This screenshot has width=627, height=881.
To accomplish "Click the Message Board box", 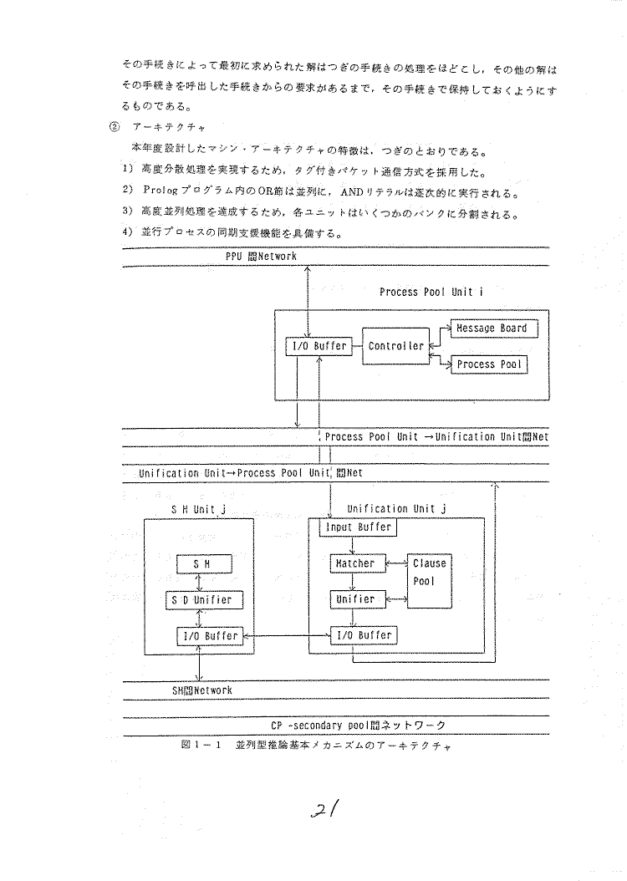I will point(492,328).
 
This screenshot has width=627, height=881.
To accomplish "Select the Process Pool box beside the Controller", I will point(489,364).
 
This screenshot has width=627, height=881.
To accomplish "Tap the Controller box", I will point(395,346).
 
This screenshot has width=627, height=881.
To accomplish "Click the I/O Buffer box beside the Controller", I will point(317,346).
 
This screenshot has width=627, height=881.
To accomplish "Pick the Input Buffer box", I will point(356,527).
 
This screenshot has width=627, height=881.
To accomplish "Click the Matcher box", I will point(354,564).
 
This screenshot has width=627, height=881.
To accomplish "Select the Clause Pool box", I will point(430,581).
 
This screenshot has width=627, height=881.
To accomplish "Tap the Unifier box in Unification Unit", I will point(354,599).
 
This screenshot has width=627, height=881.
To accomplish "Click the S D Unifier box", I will point(201,600).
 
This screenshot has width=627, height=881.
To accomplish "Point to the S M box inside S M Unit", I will point(201,564).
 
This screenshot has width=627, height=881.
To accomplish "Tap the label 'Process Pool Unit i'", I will point(431,292).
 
